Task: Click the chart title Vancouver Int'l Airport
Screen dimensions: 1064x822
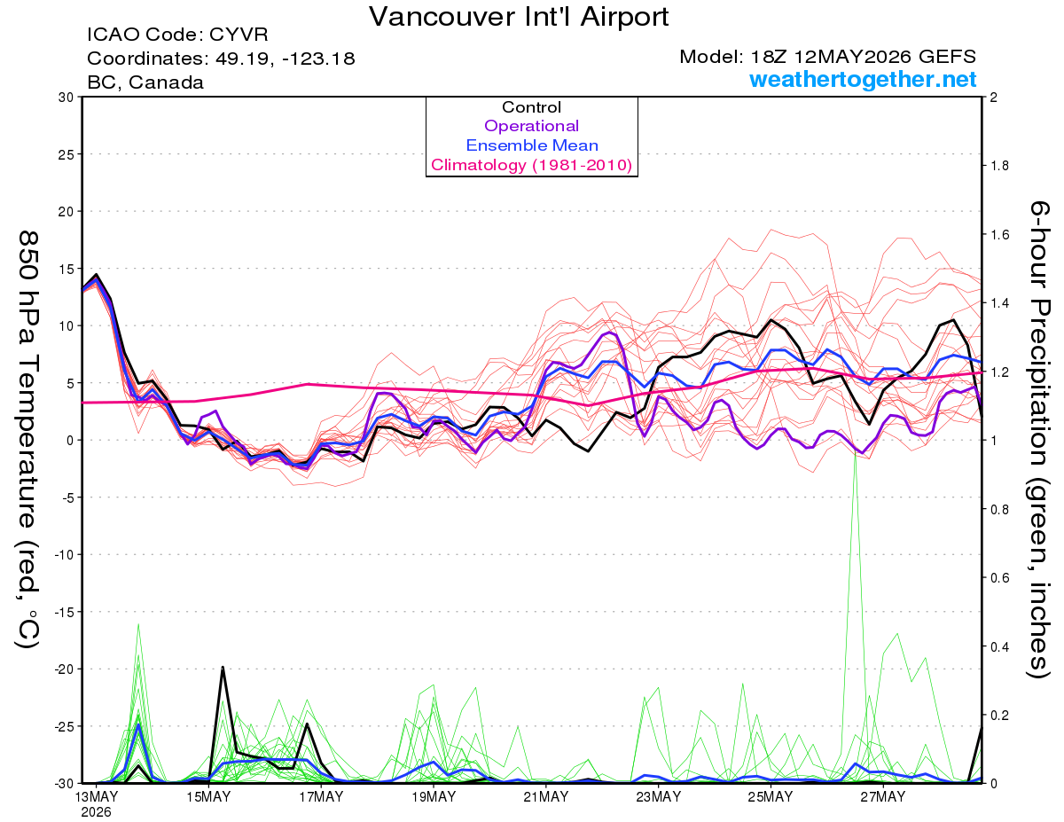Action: pyautogui.click(x=519, y=17)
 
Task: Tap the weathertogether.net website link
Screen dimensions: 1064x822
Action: pyautogui.click(x=863, y=79)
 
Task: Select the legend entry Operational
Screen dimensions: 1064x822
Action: pyautogui.click(x=531, y=126)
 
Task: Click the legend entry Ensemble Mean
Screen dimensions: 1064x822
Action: pyautogui.click(x=532, y=145)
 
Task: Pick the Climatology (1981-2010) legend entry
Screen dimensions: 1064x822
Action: pyautogui.click(x=532, y=165)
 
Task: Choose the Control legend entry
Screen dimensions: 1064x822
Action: pyautogui.click(x=531, y=106)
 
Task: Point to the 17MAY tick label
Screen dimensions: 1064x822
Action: pyautogui.click(x=321, y=797)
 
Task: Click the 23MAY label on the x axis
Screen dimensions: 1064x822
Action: pyautogui.click(x=658, y=797)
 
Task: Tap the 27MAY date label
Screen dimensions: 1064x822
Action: pyautogui.click(x=883, y=797)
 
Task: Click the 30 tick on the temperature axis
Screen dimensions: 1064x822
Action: pyautogui.click(x=66, y=98)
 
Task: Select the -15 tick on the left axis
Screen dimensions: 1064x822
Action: pyautogui.click(x=63, y=612)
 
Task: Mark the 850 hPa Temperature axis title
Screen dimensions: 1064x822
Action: pyautogui.click(x=27, y=439)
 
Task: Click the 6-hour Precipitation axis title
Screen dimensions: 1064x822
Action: pyautogui.click(x=1038, y=439)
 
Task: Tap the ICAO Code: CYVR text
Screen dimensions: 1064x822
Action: pyautogui.click(x=177, y=35)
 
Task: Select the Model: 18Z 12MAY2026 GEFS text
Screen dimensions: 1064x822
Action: pyautogui.click(x=827, y=57)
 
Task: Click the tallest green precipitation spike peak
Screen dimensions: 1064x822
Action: pyautogui.click(x=855, y=450)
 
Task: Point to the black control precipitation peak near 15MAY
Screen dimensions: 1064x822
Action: pyautogui.click(x=223, y=667)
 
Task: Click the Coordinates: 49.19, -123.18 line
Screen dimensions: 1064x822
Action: pyautogui.click(x=221, y=59)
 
